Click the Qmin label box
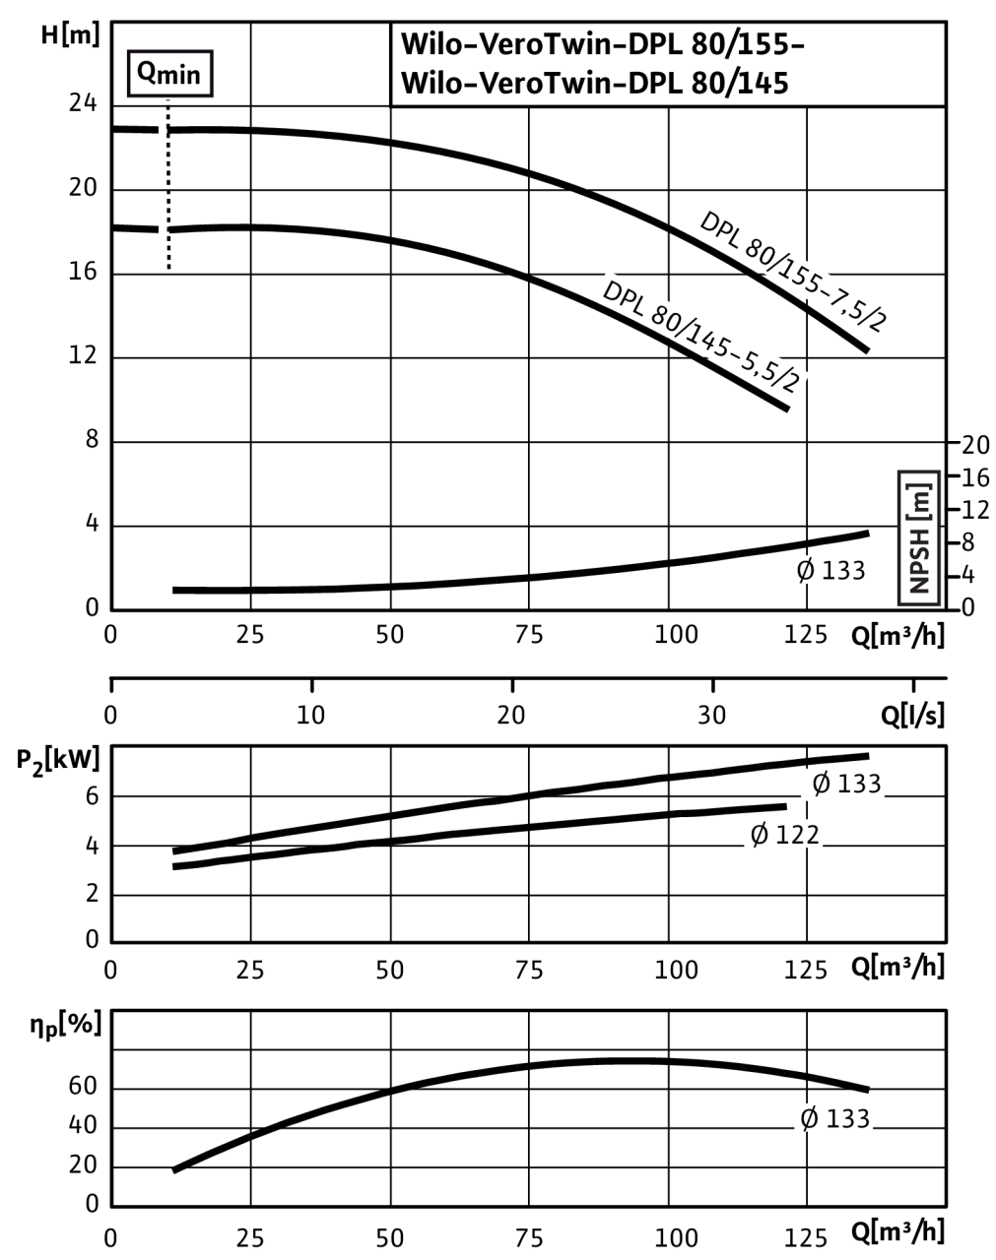(169, 75)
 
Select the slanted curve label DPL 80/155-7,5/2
(792, 272)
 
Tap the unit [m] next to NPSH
(920, 501)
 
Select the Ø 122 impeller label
(784, 835)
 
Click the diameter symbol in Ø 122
(760, 835)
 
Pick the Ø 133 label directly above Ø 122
(845, 784)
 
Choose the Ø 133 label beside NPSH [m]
(830, 570)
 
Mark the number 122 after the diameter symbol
(797, 835)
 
